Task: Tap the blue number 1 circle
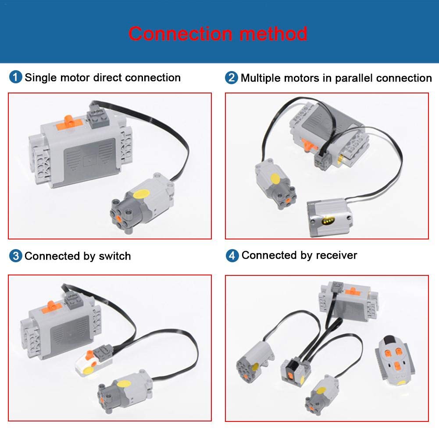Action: [15, 78]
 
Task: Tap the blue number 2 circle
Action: [231, 78]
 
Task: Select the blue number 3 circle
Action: [15, 256]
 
